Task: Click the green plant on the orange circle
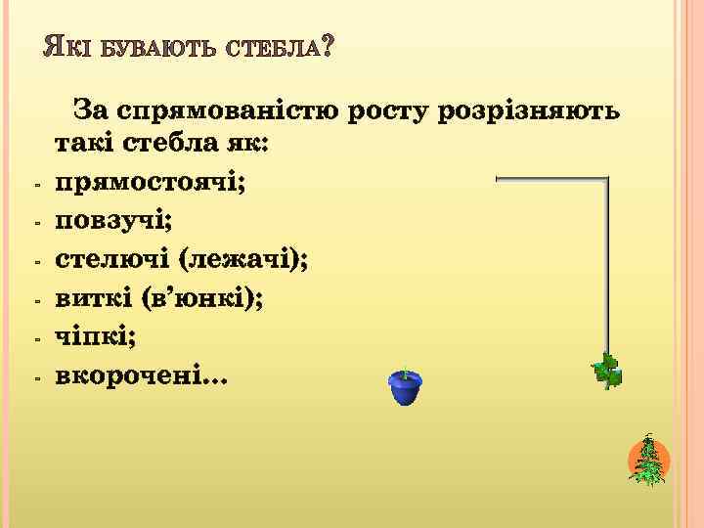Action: pyautogui.click(x=648, y=462)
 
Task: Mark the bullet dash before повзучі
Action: pyautogui.click(x=35, y=224)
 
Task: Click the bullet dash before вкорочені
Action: pyautogui.click(x=35, y=376)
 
